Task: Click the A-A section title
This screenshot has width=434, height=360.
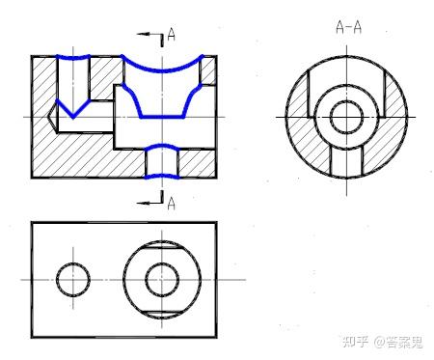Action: pyautogui.click(x=349, y=27)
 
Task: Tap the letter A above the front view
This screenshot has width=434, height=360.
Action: pyautogui.click(x=172, y=35)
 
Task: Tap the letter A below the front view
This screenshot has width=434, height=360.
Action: pyautogui.click(x=172, y=204)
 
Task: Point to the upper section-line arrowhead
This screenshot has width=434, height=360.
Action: pyautogui.click(x=143, y=34)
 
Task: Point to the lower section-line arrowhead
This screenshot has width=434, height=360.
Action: pyautogui.click(x=143, y=203)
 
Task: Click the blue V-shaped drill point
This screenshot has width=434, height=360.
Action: pyautogui.click(x=73, y=117)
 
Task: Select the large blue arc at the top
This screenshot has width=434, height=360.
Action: pyautogui.click(x=162, y=70)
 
